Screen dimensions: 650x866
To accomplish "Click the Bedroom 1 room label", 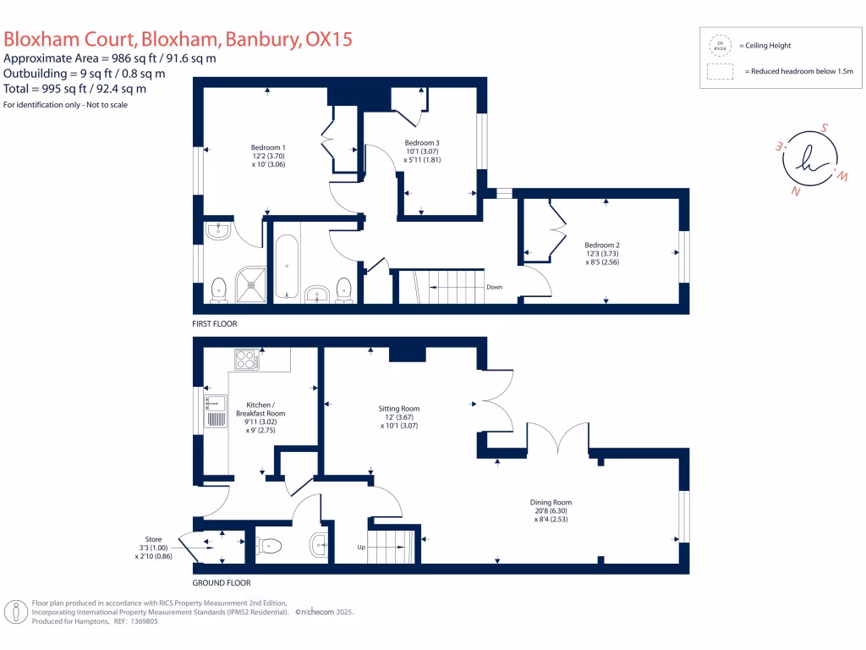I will tap(267, 148).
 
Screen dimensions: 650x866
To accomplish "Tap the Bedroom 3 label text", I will tap(422, 142).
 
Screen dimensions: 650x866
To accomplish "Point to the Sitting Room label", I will tap(399, 409).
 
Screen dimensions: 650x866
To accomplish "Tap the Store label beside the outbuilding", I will tap(152, 538).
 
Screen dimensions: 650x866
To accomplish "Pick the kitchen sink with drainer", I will tap(215, 410).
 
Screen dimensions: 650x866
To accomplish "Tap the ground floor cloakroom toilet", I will tap(269, 546).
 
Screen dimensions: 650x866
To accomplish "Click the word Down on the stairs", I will tap(494, 287).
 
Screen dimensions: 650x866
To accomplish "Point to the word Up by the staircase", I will tap(361, 548).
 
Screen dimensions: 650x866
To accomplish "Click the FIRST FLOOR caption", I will tap(215, 324).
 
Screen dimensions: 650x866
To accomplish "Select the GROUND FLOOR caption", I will tap(222, 583).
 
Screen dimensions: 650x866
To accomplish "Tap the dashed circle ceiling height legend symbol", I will tap(720, 45).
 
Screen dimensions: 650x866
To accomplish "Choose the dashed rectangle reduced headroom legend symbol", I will tap(720, 72).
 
